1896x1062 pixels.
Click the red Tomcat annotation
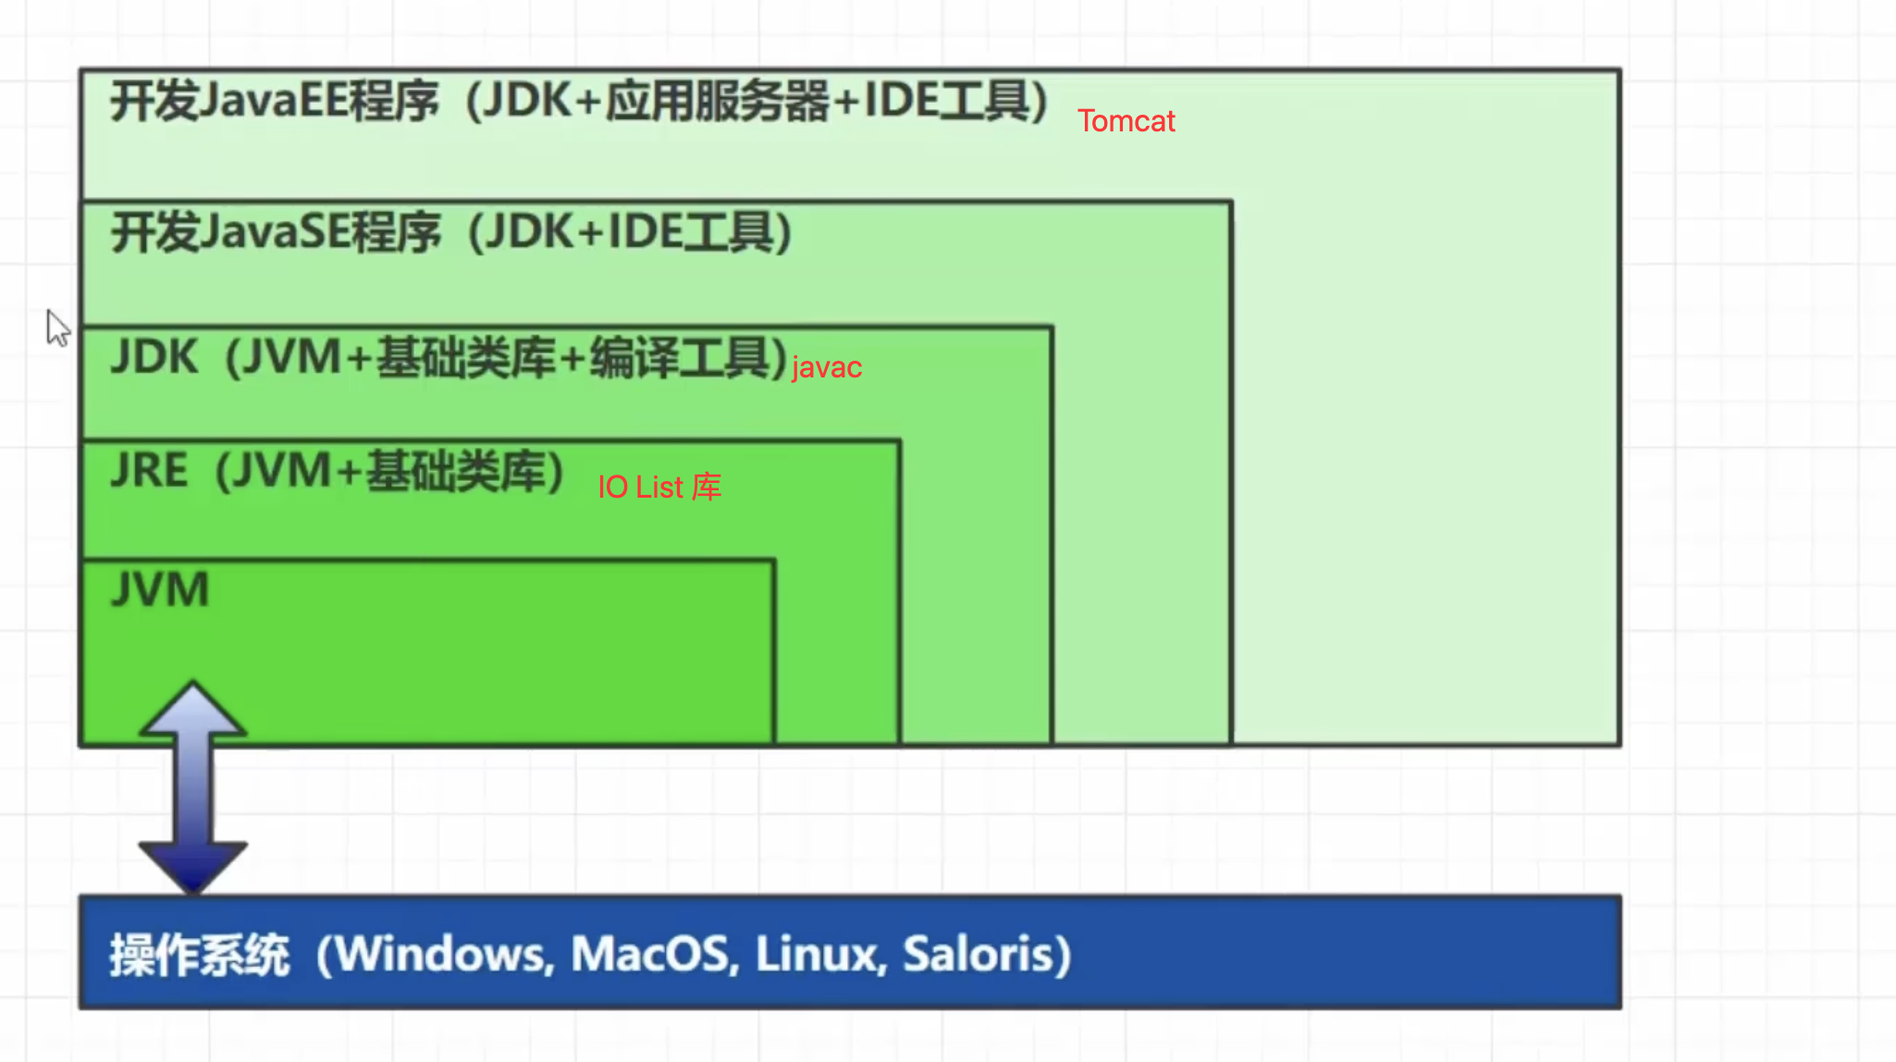coord(1126,121)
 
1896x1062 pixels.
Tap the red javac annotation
coord(827,367)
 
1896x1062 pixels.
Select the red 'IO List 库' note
coord(659,487)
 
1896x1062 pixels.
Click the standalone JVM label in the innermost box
coord(160,589)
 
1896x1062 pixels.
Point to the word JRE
coord(149,470)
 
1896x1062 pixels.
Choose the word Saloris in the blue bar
coord(979,955)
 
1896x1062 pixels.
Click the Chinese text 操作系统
coord(200,955)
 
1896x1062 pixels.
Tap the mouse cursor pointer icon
coord(57,327)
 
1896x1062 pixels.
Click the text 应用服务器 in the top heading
coord(718,101)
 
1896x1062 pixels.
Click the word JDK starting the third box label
coord(154,357)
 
